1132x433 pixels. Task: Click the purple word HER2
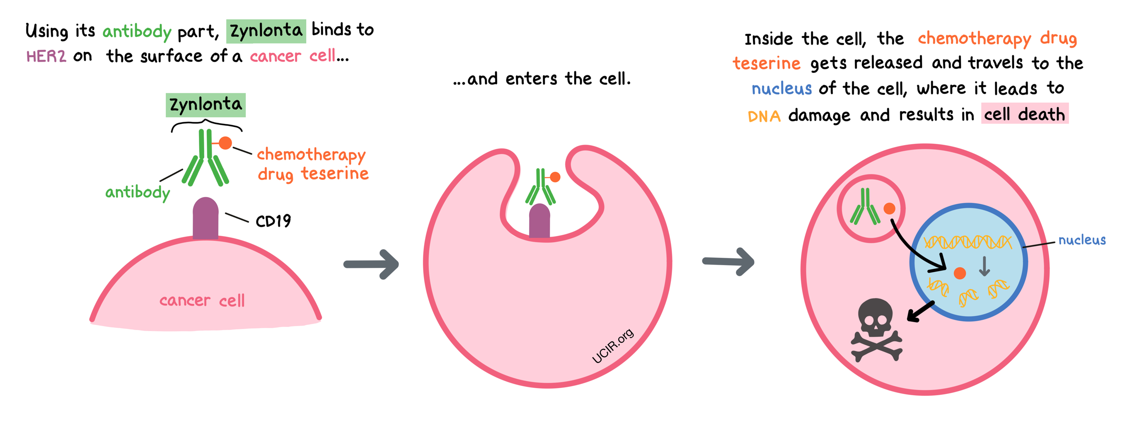tap(46, 57)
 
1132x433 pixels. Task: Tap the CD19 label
tap(273, 221)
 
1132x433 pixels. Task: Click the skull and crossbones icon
tap(876, 330)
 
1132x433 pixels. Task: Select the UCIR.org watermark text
tap(612, 346)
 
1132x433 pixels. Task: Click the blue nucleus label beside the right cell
tap(1081, 240)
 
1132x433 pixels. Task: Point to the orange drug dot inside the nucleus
tap(960, 273)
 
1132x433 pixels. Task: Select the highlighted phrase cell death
tap(1024, 115)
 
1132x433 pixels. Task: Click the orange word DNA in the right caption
tap(764, 116)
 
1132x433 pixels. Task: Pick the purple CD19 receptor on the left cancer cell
tap(206, 218)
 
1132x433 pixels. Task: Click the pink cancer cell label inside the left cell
tap(202, 301)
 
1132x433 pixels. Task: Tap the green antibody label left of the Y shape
tap(138, 193)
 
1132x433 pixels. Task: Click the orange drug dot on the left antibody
tap(225, 143)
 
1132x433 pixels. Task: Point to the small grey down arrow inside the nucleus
tap(984, 266)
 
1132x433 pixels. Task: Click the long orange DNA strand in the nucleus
tap(967, 242)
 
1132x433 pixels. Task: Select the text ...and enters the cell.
tap(542, 79)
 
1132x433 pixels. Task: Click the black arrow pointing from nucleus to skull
tap(921, 311)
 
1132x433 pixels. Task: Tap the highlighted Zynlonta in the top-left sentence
tap(266, 31)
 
